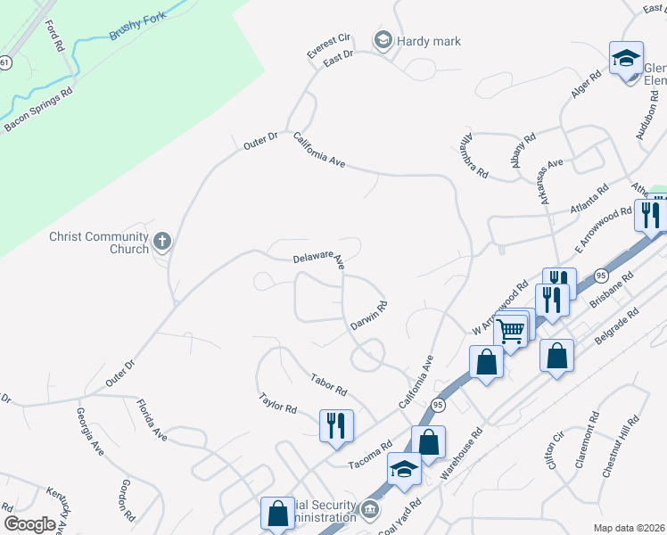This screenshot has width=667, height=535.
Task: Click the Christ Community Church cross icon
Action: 162,241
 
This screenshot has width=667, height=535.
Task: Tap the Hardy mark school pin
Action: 383,39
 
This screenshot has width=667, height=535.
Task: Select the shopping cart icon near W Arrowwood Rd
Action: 511,331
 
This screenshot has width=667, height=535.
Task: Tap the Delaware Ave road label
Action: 318,259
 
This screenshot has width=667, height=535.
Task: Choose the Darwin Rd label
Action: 369,317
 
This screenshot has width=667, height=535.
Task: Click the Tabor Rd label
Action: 329,385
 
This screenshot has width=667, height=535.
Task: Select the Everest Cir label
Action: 329,46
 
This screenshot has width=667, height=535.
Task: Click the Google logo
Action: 29,524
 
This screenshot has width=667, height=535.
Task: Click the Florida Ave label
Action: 152,421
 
